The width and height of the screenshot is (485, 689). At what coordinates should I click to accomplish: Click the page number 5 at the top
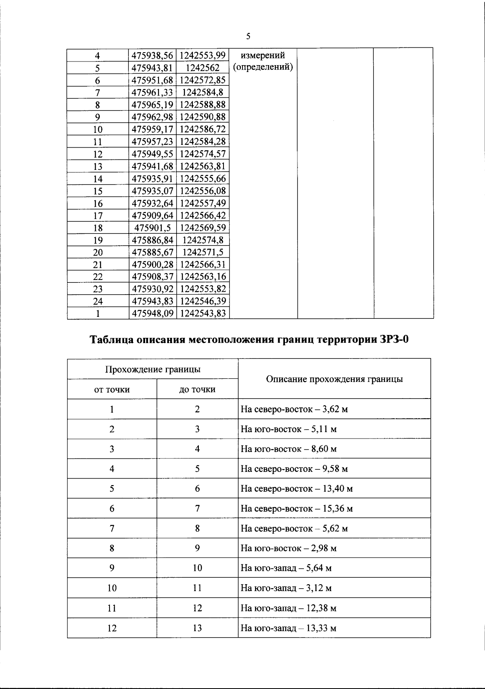point(248,36)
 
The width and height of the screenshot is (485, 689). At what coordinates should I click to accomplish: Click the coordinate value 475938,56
point(152,55)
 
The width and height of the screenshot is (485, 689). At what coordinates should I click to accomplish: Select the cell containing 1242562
point(202,68)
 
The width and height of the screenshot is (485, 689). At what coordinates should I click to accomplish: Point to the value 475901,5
point(152,228)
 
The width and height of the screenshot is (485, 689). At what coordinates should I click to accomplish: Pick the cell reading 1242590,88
point(202,117)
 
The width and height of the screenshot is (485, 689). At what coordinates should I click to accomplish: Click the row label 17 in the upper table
point(98,216)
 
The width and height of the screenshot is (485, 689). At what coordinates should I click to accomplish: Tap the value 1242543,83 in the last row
point(202,314)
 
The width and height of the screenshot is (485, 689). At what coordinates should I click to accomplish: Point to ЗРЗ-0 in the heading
point(394,339)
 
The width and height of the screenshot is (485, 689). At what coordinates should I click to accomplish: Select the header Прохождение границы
point(153,369)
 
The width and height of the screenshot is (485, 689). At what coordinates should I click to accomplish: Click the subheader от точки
point(112,390)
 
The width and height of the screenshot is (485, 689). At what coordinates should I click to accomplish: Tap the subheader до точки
point(197,390)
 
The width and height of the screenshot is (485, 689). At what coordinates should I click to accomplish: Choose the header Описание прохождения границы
point(334,379)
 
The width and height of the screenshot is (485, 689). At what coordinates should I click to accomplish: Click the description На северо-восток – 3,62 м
point(294,409)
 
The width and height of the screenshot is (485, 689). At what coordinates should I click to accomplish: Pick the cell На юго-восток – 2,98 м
point(288,549)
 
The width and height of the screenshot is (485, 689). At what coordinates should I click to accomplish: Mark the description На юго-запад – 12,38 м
point(288,608)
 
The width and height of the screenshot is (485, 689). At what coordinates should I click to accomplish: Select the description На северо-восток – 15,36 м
point(296,509)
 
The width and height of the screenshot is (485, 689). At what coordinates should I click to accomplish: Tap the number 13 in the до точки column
point(197,628)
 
